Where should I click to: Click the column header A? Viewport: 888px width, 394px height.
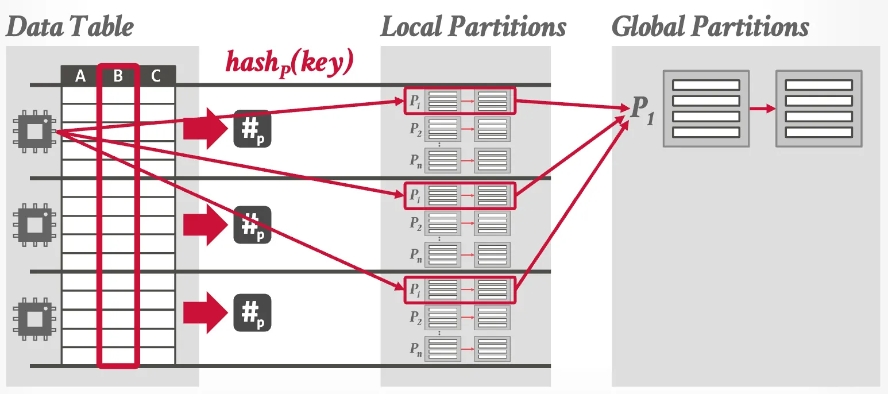coord(80,76)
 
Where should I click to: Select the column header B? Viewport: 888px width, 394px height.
coord(118,76)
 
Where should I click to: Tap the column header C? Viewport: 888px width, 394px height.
coord(156,76)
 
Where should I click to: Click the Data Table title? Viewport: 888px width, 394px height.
coord(70,27)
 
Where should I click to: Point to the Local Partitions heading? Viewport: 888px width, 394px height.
coord(473,27)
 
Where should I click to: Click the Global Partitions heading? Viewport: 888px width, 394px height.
coord(710,27)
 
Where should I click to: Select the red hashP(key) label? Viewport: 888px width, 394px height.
coord(288,63)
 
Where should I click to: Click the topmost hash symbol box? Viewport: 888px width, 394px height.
coord(252,129)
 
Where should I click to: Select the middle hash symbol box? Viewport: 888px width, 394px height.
coord(252,225)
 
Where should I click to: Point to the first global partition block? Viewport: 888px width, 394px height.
coord(706,109)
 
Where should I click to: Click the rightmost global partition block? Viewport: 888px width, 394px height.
coord(818,109)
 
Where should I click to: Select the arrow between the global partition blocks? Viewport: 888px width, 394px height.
coord(762,109)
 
